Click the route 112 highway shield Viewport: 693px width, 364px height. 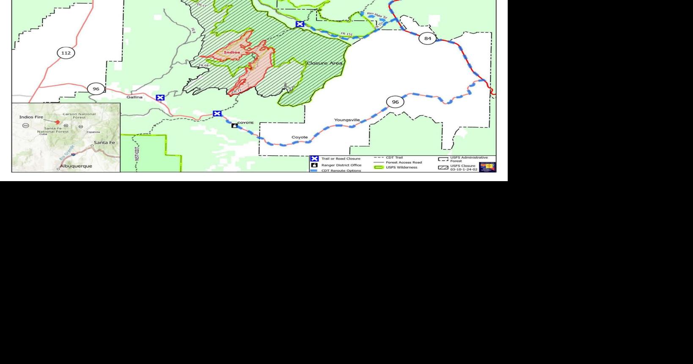[x=66, y=53]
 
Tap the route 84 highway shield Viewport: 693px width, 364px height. [x=427, y=39]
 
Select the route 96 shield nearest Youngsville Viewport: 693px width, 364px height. [x=395, y=102]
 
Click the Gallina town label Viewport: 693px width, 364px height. [x=135, y=97]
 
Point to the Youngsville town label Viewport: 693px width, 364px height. [x=347, y=120]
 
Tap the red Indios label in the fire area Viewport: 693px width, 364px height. [x=232, y=52]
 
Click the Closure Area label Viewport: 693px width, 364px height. [x=324, y=63]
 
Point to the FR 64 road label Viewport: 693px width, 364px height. [x=203, y=66]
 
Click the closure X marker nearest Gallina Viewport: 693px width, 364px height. [x=160, y=98]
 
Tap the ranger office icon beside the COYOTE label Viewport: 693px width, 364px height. [x=234, y=125]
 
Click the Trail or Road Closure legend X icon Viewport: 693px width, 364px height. [x=314, y=159]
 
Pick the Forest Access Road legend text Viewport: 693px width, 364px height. [x=404, y=163]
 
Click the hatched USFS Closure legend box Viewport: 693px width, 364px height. [x=443, y=168]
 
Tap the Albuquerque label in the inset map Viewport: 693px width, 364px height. [x=76, y=166]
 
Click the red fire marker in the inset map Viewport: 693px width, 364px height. [x=58, y=122]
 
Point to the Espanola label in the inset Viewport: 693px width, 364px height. [x=93, y=132]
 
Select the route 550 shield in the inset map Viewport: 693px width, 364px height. [x=25, y=126]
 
